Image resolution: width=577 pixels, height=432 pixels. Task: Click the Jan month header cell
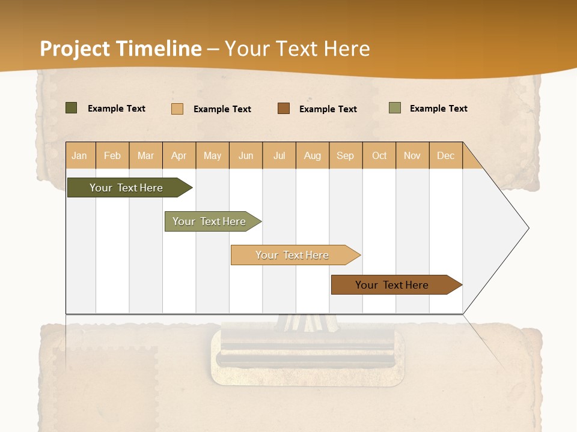pyautogui.click(x=80, y=155)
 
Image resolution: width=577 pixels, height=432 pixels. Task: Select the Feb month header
pyautogui.click(x=112, y=155)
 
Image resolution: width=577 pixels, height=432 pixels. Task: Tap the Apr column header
pyautogui.click(x=179, y=155)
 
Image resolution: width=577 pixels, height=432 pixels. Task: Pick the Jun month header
pyautogui.click(x=246, y=155)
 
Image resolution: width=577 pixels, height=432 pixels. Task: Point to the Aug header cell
pyautogui.click(x=313, y=155)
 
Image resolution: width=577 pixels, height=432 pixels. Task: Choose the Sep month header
pyautogui.click(x=346, y=155)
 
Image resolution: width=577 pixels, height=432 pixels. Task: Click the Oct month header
pyautogui.click(x=379, y=155)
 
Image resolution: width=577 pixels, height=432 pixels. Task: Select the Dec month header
pyautogui.click(x=446, y=155)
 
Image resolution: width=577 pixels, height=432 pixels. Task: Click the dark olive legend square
pyautogui.click(x=71, y=108)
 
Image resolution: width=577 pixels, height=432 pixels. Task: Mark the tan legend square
pyautogui.click(x=177, y=109)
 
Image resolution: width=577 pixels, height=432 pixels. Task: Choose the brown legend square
pyautogui.click(x=284, y=109)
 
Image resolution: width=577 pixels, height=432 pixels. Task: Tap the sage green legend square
pyautogui.click(x=394, y=108)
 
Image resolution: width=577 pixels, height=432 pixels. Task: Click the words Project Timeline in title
pyautogui.click(x=121, y=49)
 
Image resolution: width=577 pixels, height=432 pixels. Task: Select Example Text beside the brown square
pyautogui.click(x=328, y=109)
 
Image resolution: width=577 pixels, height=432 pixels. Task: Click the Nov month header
pyautogui.click(x=412, y=155)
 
